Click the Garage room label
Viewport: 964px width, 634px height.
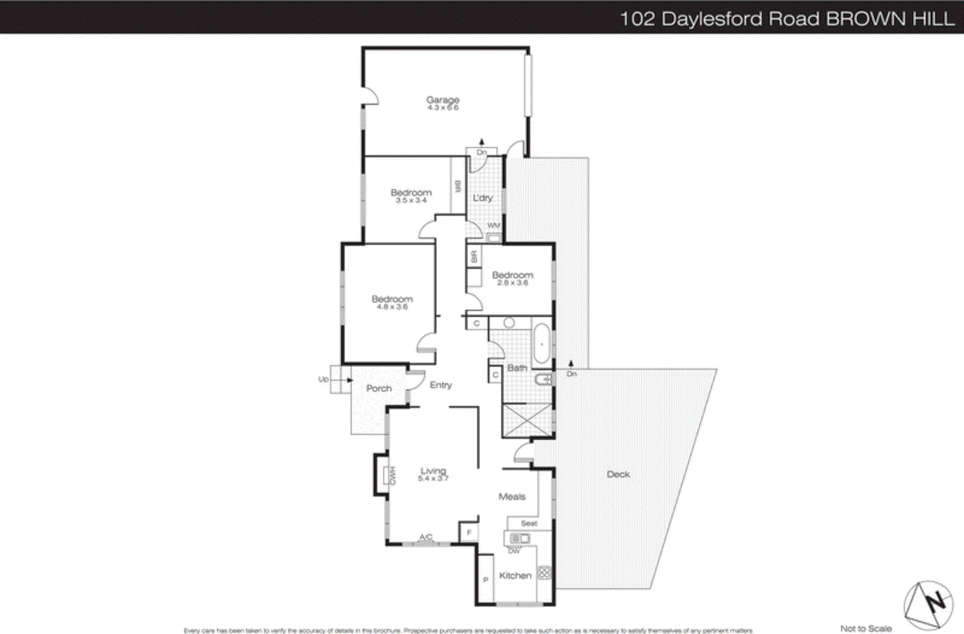(x=443, y=99)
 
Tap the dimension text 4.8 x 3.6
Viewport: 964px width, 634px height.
(x=392, y=307)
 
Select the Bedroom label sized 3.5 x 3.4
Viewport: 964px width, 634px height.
(x=411, y=193)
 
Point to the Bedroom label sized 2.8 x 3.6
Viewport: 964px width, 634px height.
(x=512, y=275)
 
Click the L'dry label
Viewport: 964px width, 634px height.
(x=483, y=198)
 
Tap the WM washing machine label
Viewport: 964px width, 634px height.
(x=493, y=226)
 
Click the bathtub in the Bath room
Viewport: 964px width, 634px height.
(x=542, y=344)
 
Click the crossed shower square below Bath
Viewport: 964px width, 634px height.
(x=527, y=420)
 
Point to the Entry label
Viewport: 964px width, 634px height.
(x=440, y=385)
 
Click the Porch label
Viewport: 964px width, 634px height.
(x=379, y=389)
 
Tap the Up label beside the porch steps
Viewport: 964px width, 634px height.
(x=324, y=379)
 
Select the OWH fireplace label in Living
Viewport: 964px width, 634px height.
(x=390, y=476)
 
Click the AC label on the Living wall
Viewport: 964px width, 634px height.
(x=425, y=538)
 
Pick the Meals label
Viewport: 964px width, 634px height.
(x=512, y=497)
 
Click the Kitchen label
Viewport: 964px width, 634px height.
(x=515, y=576)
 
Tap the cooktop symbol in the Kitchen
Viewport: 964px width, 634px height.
(x=543, y=573)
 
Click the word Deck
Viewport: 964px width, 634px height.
(x=618, y=474)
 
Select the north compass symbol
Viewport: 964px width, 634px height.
(x=928, y=604)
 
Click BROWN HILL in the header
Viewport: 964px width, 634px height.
(x=890, y=19)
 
